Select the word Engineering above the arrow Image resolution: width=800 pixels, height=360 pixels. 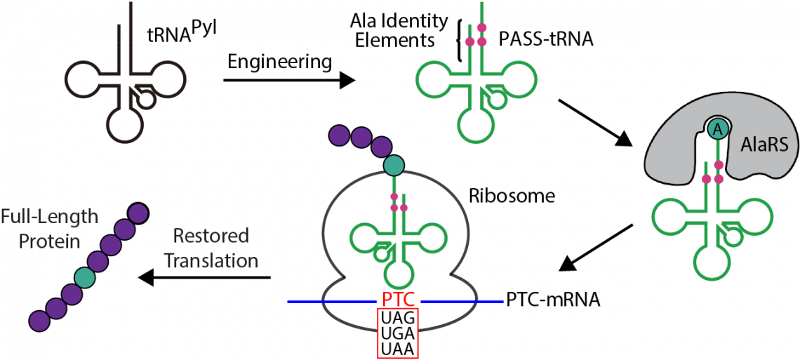point(279,62)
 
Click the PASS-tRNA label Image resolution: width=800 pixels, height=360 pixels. point(546,40)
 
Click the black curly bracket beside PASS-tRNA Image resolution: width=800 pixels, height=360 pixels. point(460,40)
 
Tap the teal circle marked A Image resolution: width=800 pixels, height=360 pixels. point(716,128)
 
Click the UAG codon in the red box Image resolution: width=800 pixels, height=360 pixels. point(398,317)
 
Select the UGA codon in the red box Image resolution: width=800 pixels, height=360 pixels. point(398,333)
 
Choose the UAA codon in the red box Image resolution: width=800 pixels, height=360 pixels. point(398,348)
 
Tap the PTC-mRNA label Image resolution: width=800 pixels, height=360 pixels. point(552,301)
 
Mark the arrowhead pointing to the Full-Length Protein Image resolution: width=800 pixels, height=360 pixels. point(146,278)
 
